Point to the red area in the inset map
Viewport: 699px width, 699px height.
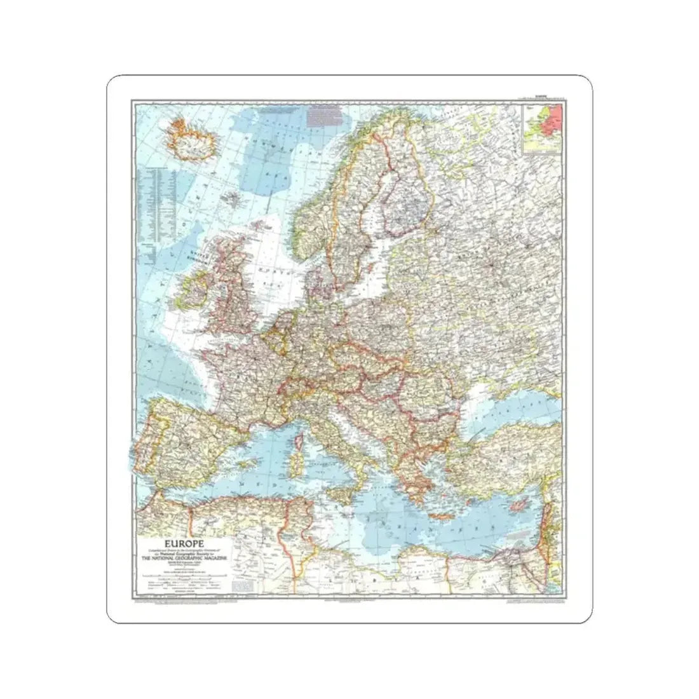pyautogui.click(x=553, y=118)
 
